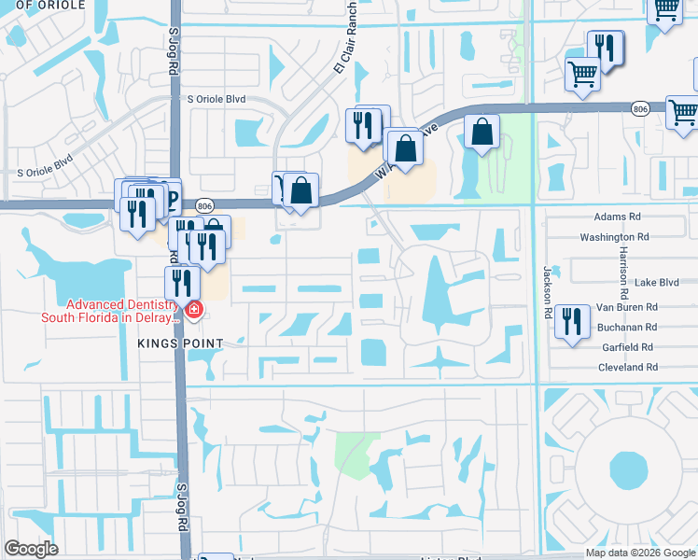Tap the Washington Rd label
[x=614, y=238]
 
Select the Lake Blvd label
[x=656, y=282]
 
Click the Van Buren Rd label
[x=627, y=306]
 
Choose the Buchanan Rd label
[x=627, y=327]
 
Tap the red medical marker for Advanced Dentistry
[x=194, y=311]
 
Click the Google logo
[x=32, y=549]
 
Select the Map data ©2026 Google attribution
[x=639, y=553]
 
